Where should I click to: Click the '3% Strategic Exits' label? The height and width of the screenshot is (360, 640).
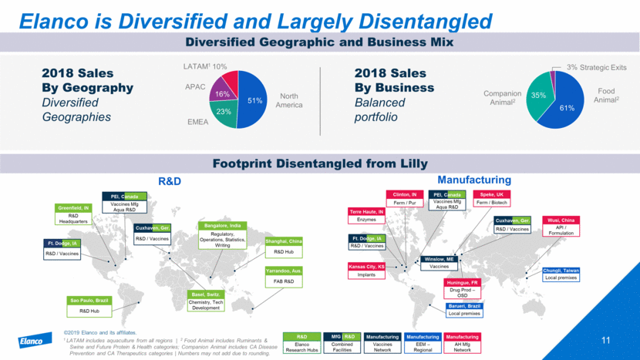[x=598, y=68]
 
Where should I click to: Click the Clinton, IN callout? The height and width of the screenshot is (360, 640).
[x=405, y=198]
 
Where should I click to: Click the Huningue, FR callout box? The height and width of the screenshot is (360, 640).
[x=463, y=288]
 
